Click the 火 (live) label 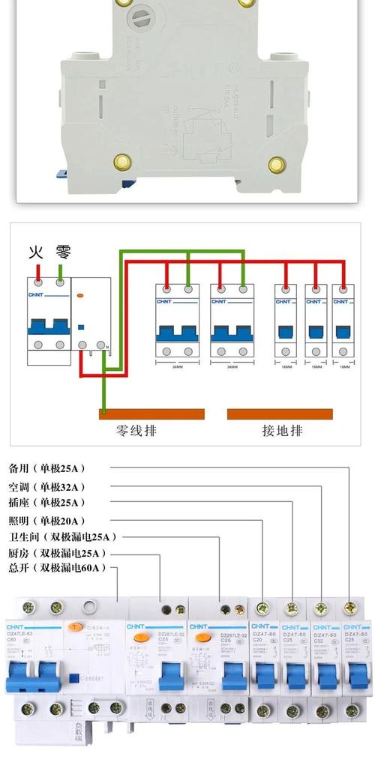pyautogui.click(x=35, y=252)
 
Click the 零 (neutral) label pyautogui.click(x=62, y=252)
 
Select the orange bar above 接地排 pyautogui.click(x=280, y=414)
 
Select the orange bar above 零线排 pyautogui.click(x=151, y=414)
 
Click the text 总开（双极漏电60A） pyautogui.click(x=57, y=568)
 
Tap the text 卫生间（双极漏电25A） pyautogui.click(x=62, y=536)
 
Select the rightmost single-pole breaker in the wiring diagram pyautogui.click(x=343, y=323)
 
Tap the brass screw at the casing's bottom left pyautogui.click(x=120, y=161)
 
